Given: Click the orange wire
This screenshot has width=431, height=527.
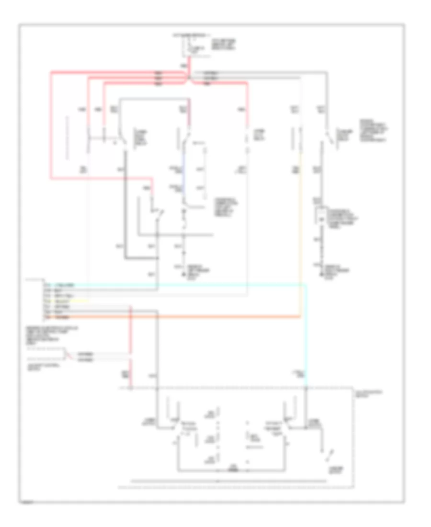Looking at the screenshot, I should pyautogui.click(x=192, y=317).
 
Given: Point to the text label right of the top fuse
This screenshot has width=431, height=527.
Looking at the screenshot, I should pyautogui.click(x=222, y=46).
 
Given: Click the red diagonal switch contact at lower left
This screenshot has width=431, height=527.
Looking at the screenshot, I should pyautogui.click(x=70, y=355).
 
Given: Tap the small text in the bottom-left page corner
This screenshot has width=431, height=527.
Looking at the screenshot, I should pyautogui.click(x=29, y=503).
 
